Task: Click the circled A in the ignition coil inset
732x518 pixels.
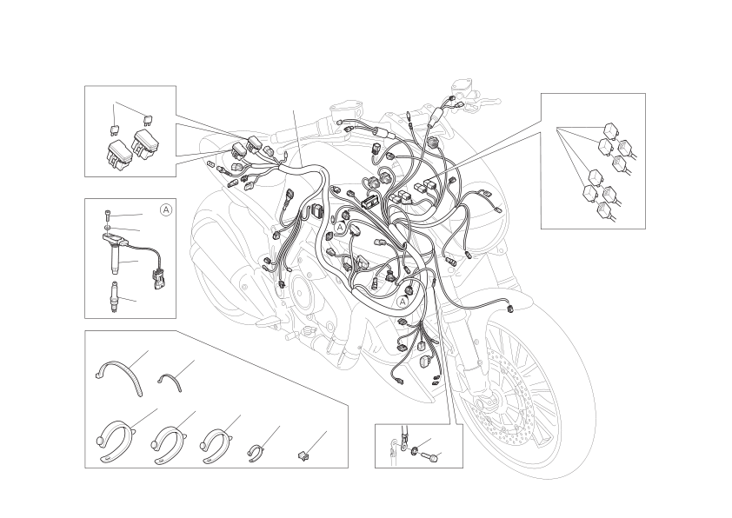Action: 166,210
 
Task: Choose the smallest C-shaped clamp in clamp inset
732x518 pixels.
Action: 256,453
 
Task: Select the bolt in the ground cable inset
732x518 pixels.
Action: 430,457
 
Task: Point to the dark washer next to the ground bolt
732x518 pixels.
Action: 415,451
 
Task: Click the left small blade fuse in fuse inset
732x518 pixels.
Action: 114,129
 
